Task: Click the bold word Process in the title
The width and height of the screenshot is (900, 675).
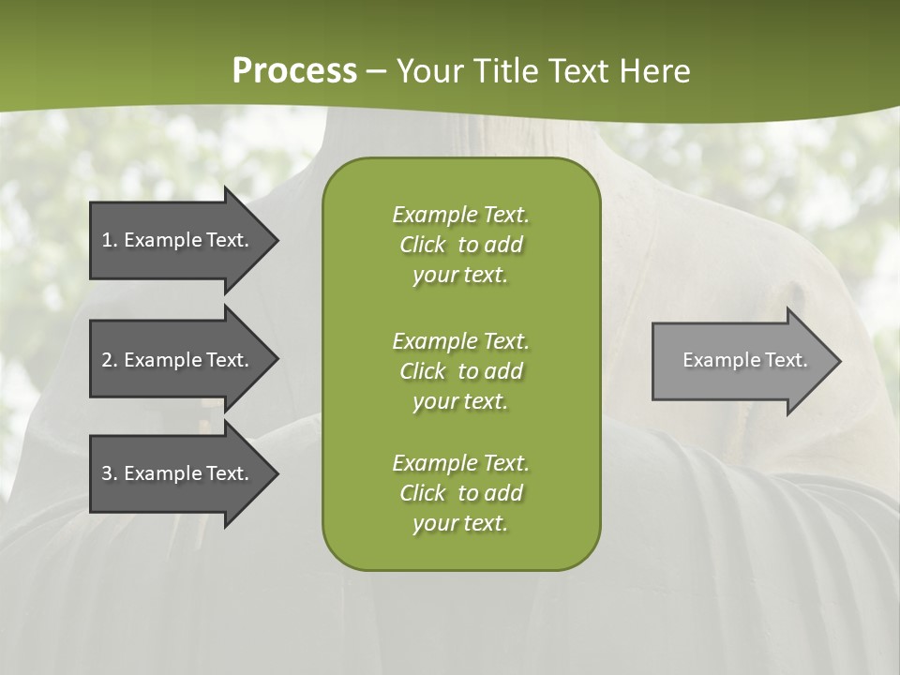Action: coord(294,70)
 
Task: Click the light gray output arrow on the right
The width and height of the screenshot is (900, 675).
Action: coord(741,361)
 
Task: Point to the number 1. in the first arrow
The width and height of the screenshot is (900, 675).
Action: coord(109,240)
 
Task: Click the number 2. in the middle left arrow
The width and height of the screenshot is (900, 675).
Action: coord(109,360)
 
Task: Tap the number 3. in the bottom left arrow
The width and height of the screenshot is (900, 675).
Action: coord(109,473)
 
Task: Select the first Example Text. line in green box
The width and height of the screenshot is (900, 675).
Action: coord(460,215)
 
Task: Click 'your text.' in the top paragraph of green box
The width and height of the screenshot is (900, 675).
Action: coord(460,276)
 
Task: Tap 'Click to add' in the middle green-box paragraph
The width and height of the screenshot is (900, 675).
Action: coord(460,371)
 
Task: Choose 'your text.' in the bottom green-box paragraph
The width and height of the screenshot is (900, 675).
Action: coord(460,524)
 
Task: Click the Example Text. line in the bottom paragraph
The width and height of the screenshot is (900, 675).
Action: coord(460,463)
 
